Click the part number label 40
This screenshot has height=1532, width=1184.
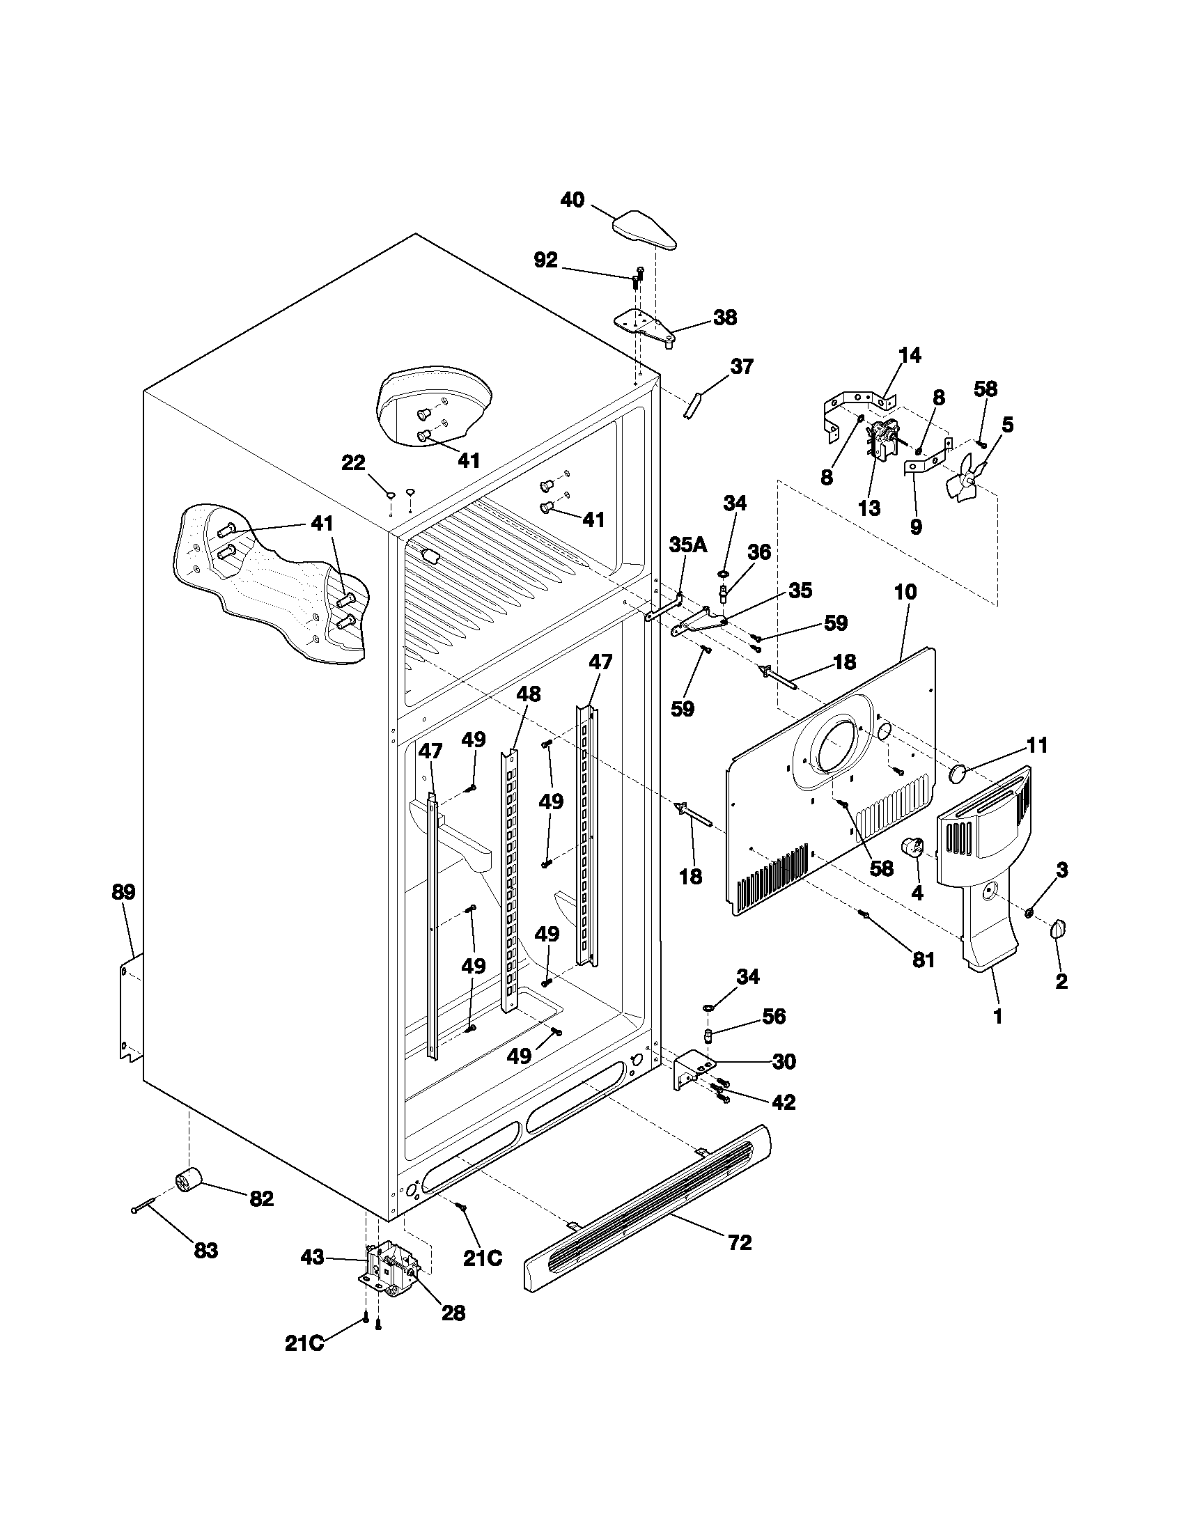click(x=572, y=200)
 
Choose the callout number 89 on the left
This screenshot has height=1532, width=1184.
click(x=123, y=892)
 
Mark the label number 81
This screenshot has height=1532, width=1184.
click(x=923, y=960)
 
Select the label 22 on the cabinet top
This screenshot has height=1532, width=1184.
click(x=354, y=463)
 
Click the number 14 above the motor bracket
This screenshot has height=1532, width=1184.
click(x=910, y=355)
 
